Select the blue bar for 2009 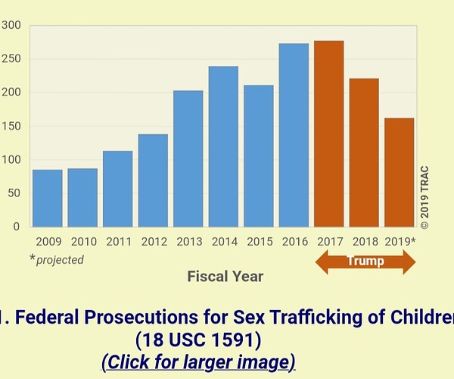[x=47, y=198]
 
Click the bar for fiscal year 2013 [x=188, y=158]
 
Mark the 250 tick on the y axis [x=11, y=59]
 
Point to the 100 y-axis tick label [x=11, y=160]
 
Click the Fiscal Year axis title [x=225, y=276]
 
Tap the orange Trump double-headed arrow [x=365, y=262]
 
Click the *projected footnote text [x=57, y=259]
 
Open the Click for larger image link [x=197, y=362]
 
